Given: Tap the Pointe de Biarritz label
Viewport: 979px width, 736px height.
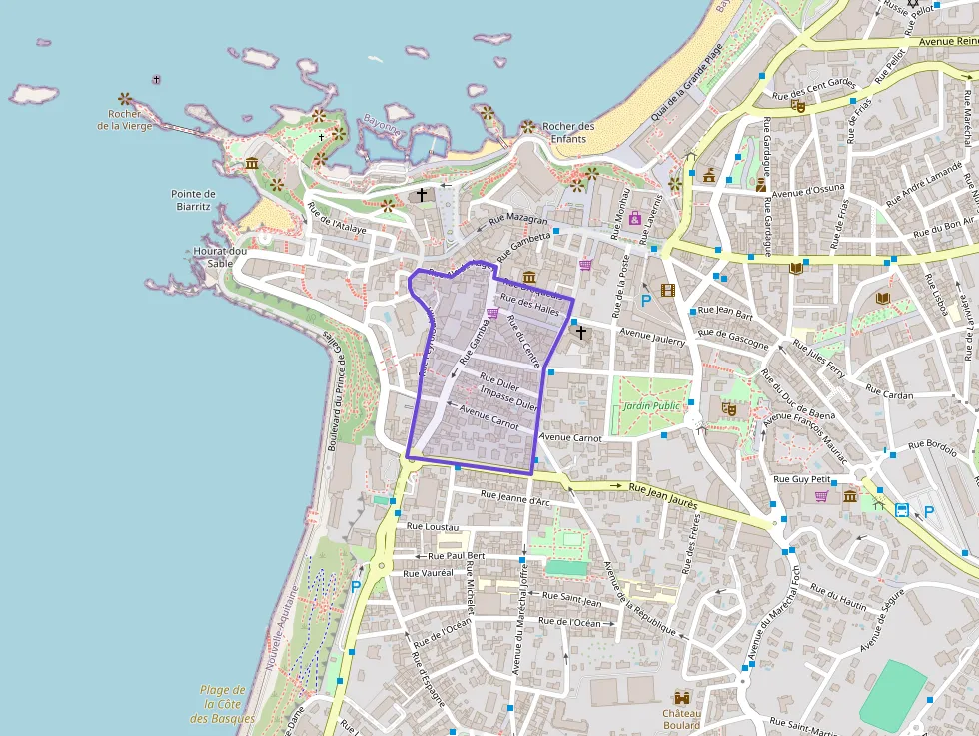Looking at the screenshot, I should point(193,200).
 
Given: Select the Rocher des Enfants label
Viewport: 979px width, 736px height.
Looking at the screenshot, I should point(568,132).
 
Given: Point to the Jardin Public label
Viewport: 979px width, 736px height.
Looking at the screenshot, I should point(651,406).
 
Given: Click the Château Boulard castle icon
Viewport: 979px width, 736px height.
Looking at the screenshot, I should point(683,697).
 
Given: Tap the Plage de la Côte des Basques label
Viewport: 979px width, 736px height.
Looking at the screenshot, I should point(222,704).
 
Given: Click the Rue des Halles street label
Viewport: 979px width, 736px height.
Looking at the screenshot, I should point(530,305).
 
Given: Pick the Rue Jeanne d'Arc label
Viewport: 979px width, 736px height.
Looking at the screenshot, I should point(514,497).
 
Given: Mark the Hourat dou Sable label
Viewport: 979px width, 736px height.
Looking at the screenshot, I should point(220,257).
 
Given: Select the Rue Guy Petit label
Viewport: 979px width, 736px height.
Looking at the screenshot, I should point(802,479).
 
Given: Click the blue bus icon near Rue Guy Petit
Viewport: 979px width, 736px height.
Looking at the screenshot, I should point(902,510).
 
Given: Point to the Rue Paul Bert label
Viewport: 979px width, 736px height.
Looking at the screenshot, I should point(456,556).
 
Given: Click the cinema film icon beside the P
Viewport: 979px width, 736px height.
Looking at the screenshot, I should point(667,291).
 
